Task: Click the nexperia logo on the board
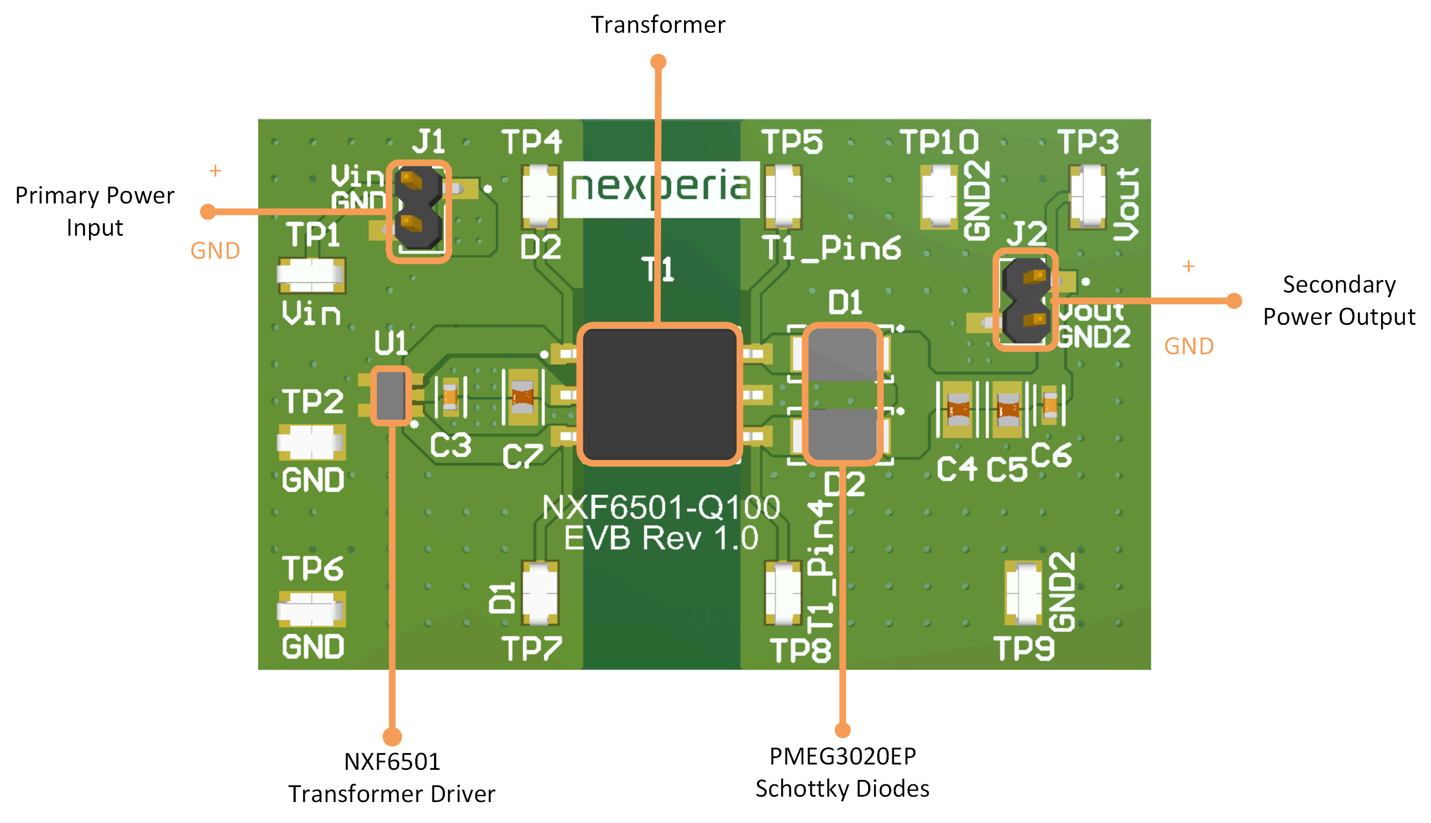click(x=661, y=188)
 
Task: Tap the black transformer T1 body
click(x=659, y=395)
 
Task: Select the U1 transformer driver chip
click(x=391, y=396)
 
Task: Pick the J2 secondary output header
click(x=1025, y=300)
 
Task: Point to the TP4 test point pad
click(x=540, y=195)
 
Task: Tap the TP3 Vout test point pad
click(x=1087, y=195)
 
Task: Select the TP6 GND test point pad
click(x=311, y=609)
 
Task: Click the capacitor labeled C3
click(x=450, y=397)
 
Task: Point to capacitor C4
click(x=958, y=409)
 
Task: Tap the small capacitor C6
click(x=1050, y=405)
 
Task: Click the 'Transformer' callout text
click(x=658, y=25)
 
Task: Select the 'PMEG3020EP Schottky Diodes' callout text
click(x=842, y=772)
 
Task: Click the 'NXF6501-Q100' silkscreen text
click(x=661, y=506)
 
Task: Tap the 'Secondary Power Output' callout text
click(x=1339, y=300)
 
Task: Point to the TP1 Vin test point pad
click(x=311, y=275)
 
